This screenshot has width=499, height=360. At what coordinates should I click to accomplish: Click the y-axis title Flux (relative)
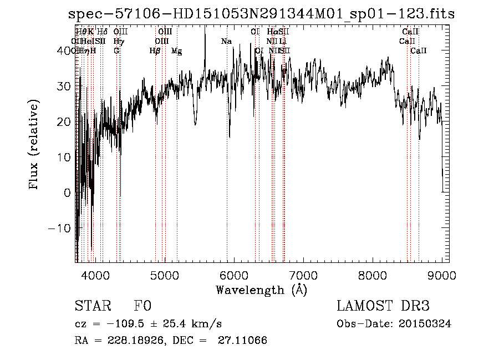click(34, 145)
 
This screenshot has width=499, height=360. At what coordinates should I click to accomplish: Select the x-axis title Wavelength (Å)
click(261, 290)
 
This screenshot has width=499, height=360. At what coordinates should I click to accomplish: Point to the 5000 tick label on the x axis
click(164, 275)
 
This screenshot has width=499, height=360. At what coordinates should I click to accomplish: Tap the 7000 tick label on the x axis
click(303, 275)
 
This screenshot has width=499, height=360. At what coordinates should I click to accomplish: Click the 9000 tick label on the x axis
click(442, 275)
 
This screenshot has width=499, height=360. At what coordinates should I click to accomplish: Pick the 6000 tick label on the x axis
click(233, 275)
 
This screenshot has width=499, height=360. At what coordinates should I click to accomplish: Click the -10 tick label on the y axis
click(60, 228)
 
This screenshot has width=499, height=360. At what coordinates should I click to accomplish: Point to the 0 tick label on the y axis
click(68, 192)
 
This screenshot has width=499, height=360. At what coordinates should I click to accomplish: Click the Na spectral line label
click(226, 42)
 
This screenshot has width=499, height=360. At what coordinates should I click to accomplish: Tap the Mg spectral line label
click(176, 51)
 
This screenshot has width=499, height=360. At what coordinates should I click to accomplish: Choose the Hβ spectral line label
click(155, 51)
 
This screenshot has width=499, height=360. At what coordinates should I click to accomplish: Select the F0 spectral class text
click(142, 306)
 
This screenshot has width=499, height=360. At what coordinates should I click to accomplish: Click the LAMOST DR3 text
click(383, 306)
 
